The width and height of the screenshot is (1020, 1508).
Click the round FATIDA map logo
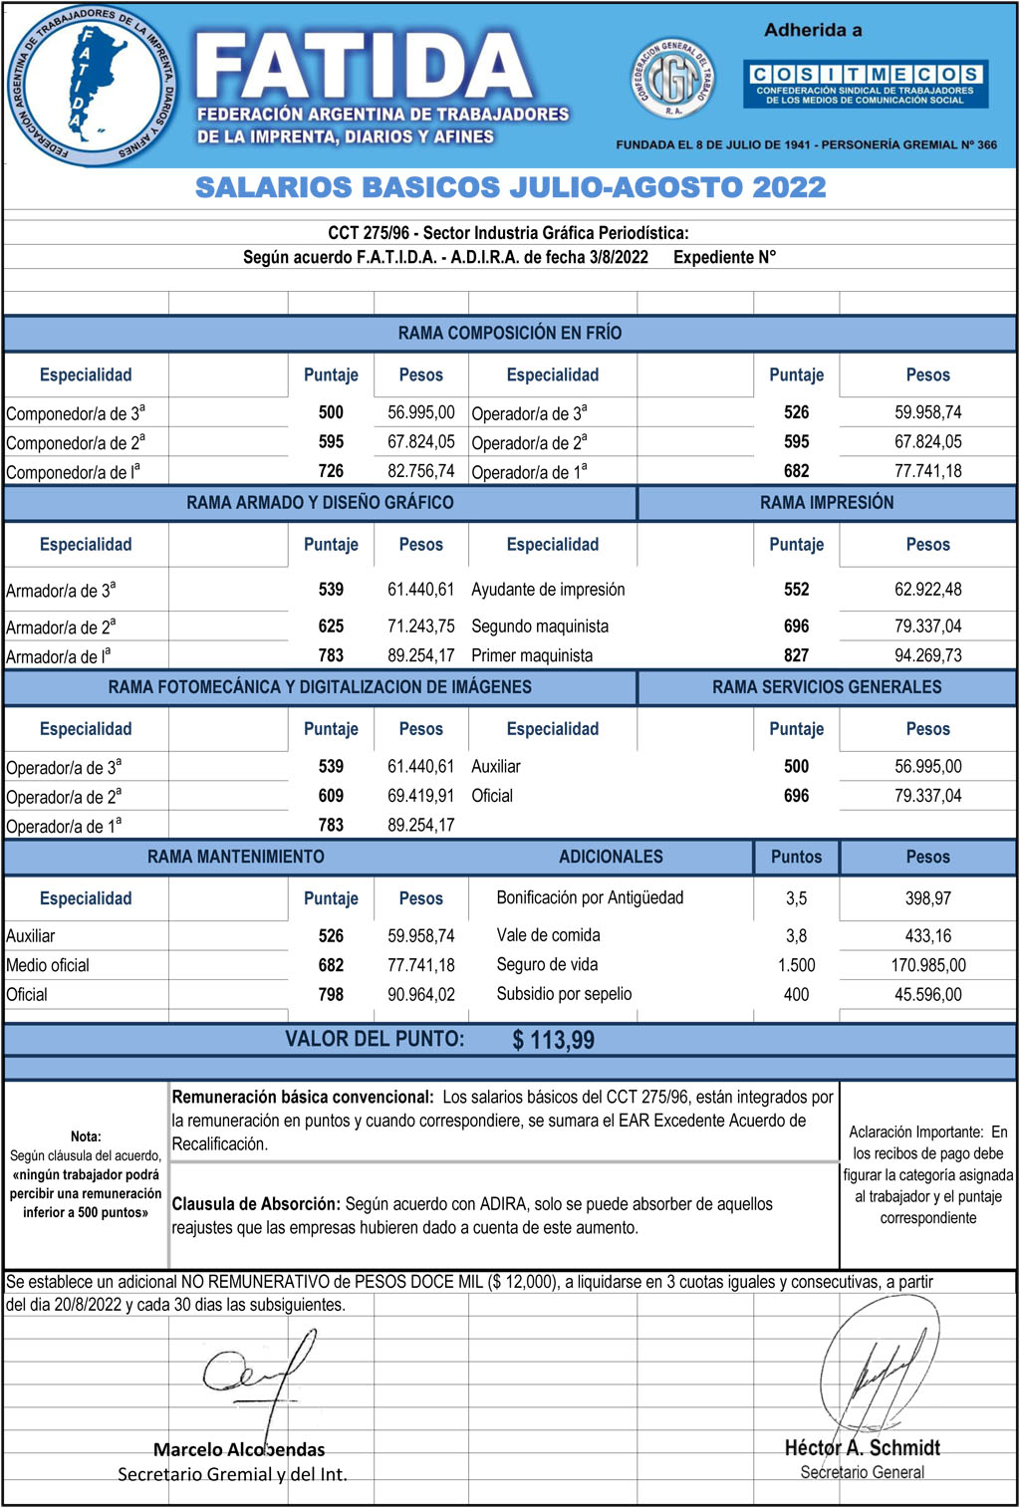point(92,86)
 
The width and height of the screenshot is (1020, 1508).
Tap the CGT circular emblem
point(674,79)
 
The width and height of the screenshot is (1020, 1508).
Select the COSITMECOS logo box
point(865,84)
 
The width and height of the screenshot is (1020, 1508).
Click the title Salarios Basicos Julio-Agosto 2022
point(510,187)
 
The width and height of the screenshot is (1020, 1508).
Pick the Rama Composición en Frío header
point(509,333)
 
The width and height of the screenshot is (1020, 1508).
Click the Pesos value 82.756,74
point(420,471)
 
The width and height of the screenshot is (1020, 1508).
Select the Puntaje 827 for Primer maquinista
point(796,655)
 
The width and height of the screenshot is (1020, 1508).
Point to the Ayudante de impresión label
point(548,590)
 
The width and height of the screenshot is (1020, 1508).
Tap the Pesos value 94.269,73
point(927,655)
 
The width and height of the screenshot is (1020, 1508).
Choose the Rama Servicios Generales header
point(826,687)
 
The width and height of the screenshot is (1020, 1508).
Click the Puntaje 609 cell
point(331,796)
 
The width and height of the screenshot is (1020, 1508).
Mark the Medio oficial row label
point(48,965)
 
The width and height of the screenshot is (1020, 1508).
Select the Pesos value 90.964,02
point(420,994)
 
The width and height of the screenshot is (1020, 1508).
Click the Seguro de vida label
point(547,964)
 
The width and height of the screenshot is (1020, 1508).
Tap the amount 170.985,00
point(927,965)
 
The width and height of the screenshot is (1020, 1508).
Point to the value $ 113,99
point(553,1041)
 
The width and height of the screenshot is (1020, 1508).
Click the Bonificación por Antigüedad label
point(590,897)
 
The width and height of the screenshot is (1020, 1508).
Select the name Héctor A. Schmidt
point(862,1447)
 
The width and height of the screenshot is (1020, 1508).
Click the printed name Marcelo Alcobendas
point(239,1449)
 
